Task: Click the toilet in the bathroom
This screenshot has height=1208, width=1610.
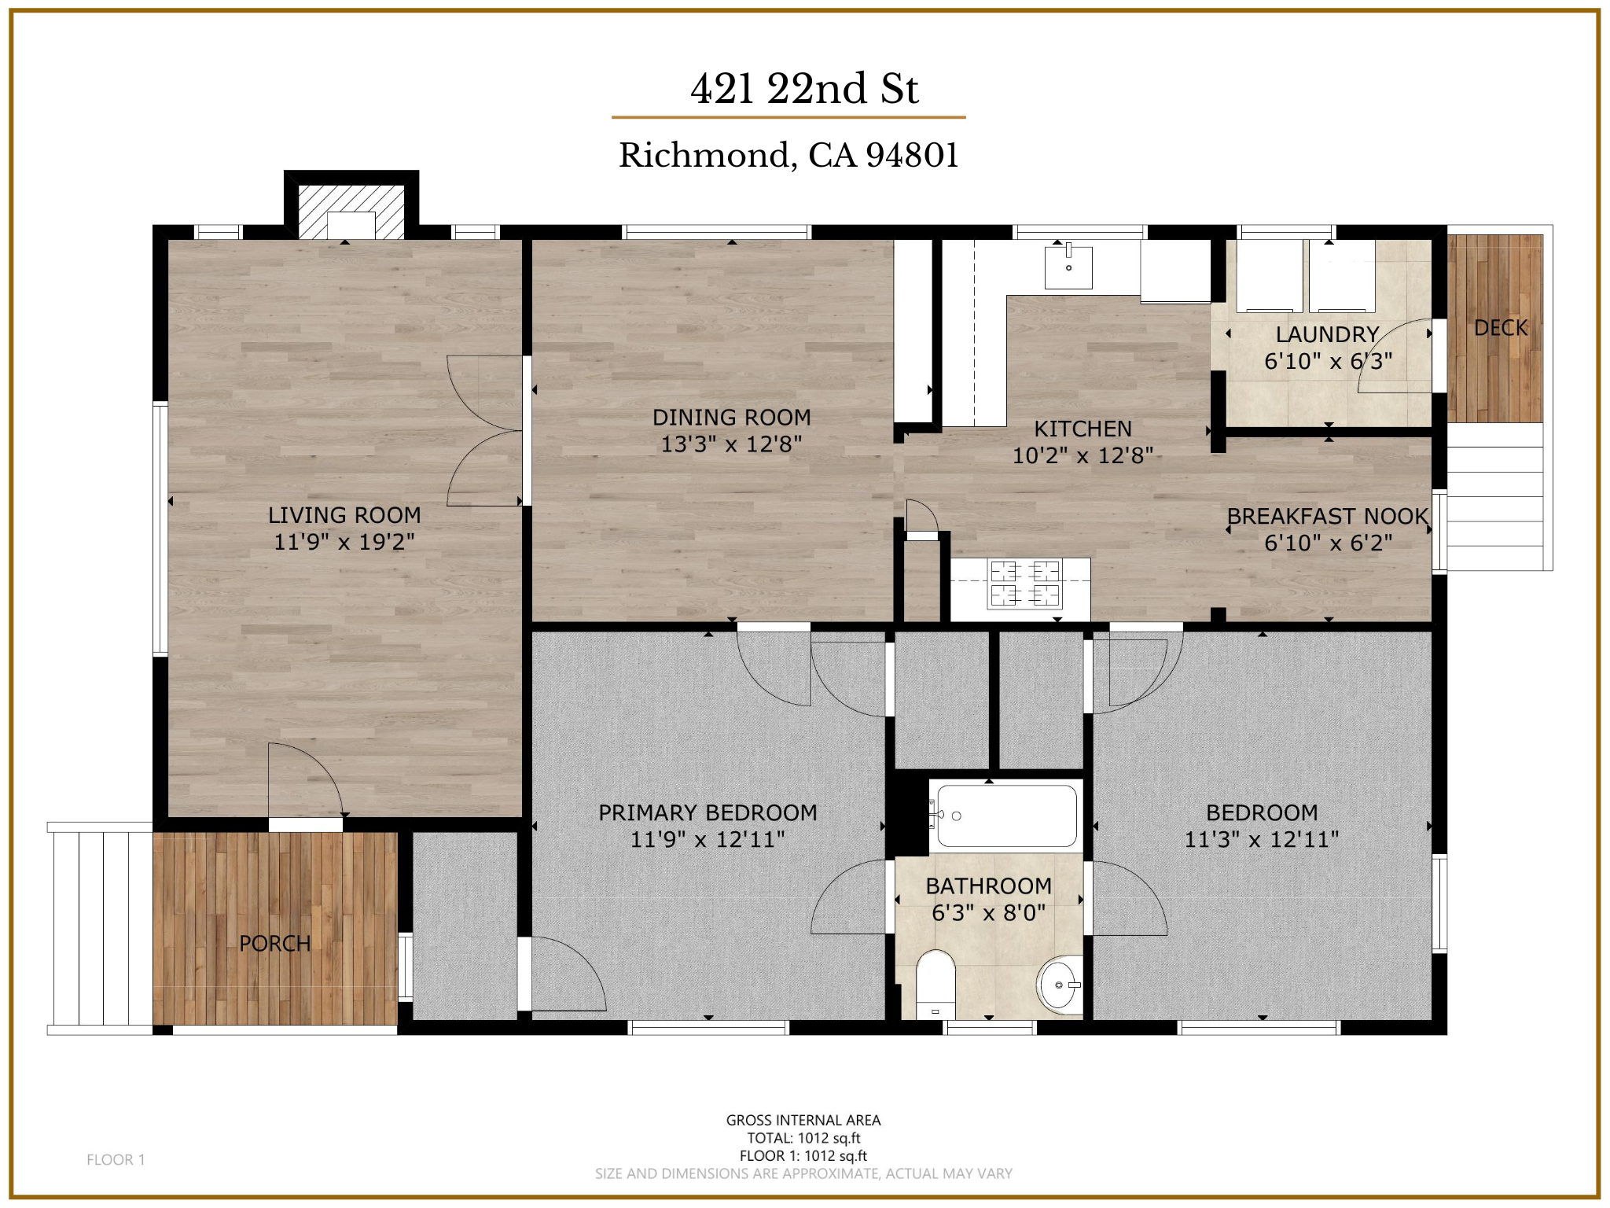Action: coord(935,985)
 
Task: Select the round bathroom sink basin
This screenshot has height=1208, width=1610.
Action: coord(1060,985)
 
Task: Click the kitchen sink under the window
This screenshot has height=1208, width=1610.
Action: coord(1068,267)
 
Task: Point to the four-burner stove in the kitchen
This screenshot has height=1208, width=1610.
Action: coord(1025,584)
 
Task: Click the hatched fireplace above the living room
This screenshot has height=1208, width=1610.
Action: coord(351,212)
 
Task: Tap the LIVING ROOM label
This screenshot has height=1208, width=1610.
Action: coord(344,515)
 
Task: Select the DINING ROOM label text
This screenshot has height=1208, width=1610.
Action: coord(732,418)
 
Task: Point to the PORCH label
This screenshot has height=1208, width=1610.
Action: coord(275,943)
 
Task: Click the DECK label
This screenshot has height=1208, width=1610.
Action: coord(1501,328)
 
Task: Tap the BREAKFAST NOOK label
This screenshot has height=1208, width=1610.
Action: coord(1328,516)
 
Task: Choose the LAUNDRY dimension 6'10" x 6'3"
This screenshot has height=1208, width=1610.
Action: coord(1328,361)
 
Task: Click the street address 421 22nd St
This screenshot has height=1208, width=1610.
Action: coord(804,88)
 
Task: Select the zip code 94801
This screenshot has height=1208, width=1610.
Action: coord(912,155)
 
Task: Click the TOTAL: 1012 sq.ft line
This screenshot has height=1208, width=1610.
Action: coord(803,1138)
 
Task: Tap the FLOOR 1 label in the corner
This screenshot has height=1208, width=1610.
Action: coord(116,1159)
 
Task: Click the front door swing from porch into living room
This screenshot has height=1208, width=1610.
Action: coord(305,779)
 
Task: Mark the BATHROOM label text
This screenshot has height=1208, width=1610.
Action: coord(989,886)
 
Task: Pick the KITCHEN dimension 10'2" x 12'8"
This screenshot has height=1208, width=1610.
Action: coord(1083,455)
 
